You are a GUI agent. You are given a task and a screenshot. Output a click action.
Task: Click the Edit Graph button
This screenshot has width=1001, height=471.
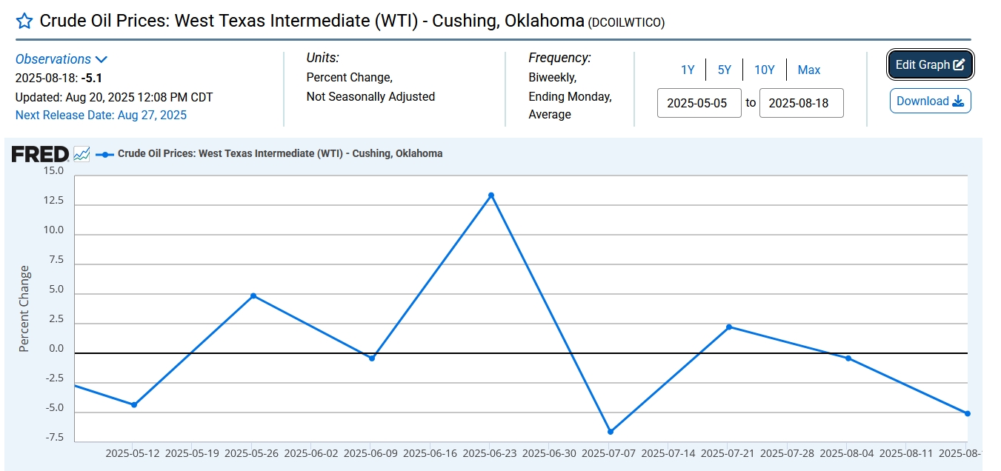[x=930, y=65]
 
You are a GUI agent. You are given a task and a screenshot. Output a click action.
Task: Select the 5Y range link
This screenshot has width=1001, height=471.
[x=724, y=70]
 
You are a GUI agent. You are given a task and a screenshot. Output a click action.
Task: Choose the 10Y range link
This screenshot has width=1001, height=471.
[x=764, y=70]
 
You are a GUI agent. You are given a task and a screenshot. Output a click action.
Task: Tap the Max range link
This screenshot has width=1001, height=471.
[x=808, y=70]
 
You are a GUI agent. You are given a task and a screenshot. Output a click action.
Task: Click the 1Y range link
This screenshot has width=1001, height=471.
[x=688, y=70]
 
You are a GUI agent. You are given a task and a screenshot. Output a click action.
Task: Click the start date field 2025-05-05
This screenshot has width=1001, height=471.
[x=699, y=103]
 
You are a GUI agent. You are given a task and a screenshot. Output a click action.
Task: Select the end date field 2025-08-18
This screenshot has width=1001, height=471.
[x=801, y=103]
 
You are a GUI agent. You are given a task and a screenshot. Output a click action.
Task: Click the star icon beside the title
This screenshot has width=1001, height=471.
[x=24, y=21]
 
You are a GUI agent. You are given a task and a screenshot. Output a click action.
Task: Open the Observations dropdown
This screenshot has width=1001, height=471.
[x=61, y=59]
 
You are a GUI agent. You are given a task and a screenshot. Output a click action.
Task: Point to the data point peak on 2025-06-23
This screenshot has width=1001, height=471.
[x=491, y=196]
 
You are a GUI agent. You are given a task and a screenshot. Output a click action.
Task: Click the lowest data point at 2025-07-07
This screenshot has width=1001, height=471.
[x=611, y=431]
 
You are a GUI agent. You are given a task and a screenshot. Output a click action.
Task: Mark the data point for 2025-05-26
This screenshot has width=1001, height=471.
[x=253, y=296]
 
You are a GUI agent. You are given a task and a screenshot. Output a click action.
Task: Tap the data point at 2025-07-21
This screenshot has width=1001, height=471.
[x=729, y=327]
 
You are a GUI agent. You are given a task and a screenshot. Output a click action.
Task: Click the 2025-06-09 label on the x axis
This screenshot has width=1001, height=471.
[x=371, y=452]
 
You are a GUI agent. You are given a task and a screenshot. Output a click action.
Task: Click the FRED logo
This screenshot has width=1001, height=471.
[x=40, y=154]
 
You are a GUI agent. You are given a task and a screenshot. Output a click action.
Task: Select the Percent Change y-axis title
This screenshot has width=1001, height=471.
[x=24, y=308]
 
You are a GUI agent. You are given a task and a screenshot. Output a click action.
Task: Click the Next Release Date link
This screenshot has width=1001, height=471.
[x=101, y=115]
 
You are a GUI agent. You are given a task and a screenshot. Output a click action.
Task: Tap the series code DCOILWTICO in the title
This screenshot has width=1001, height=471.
[x=626, y=23]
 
